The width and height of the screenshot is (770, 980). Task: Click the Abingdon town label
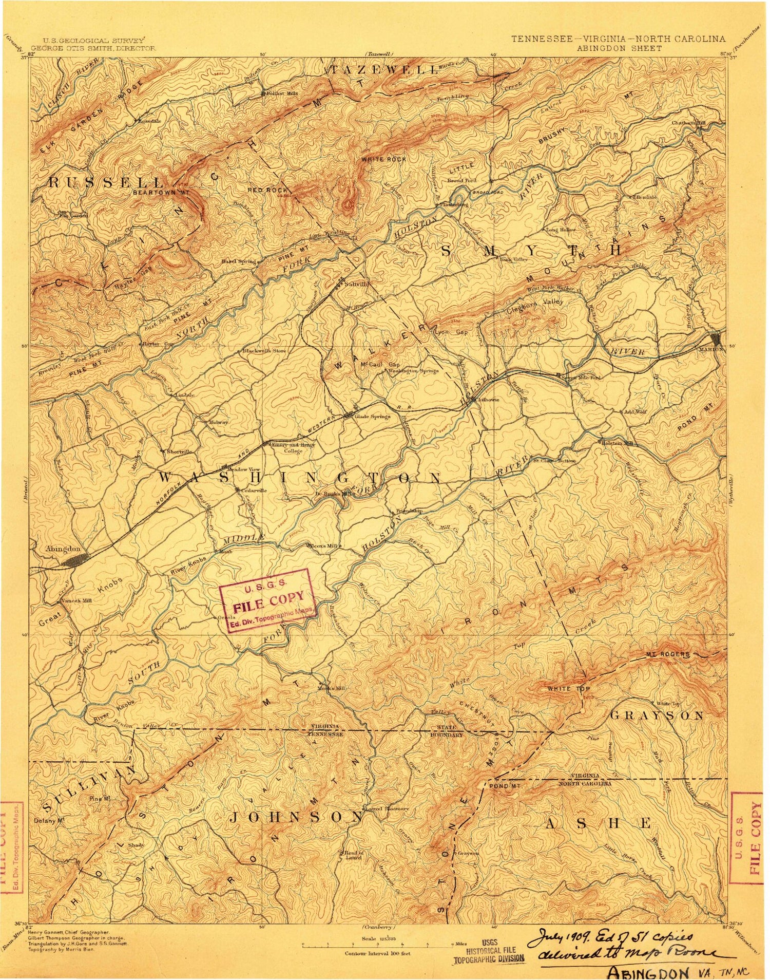(x=63, y=549)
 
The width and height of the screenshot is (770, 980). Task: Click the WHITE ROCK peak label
(x=383, y=159)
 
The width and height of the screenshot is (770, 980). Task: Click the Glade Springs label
(x=373, y=417)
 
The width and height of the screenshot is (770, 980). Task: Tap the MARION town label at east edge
(x=710, y=349)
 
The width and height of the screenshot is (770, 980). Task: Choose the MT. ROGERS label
(x=667, y=654)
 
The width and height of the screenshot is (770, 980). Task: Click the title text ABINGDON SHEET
(x=619, y=48)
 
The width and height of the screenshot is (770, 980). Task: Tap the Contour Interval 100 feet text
(x=378, y=953)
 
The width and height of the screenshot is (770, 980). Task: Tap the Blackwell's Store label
(x=264, y=351)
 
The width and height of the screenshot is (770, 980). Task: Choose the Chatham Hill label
(x=689, y=123)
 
